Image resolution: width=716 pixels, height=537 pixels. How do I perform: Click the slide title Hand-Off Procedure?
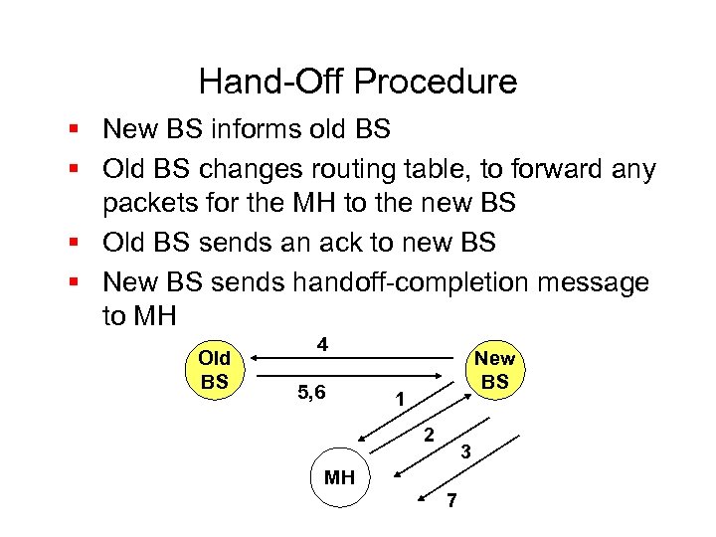point(358,81)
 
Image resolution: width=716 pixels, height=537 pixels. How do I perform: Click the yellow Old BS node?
point(215,369)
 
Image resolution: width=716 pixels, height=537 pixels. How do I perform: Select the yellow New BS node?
point(494,370)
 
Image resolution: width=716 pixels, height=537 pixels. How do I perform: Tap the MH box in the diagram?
point(339,477)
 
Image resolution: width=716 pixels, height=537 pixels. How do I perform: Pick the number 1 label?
point(399,401)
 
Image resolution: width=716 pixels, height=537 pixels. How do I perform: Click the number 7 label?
point(450,501)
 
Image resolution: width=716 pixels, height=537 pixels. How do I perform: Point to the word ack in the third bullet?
point(346,242)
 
